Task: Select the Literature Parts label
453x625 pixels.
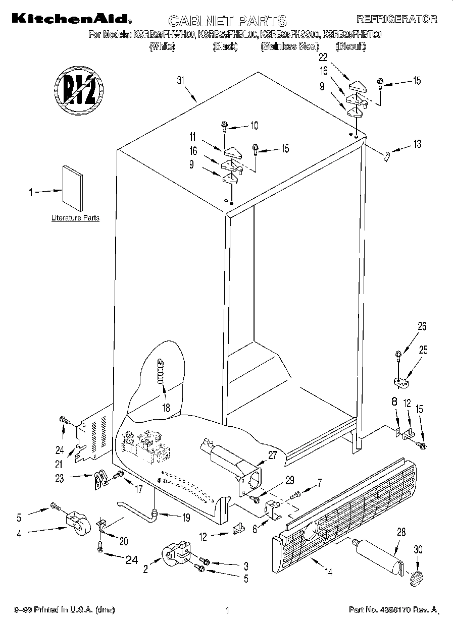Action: tap(75, 218)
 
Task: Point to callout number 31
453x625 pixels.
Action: tap(179, 80)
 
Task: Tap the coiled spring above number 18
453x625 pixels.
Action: tap(161, 371)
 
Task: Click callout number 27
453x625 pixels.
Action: tap(272, 454)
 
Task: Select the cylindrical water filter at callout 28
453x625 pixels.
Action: tap(377, 557)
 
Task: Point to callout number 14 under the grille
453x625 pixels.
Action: tap(328, 572)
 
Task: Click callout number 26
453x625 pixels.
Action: tap(422, 327)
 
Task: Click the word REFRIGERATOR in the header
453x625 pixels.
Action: tap(396, 19)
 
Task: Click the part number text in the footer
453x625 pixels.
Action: tap(393, 610)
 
